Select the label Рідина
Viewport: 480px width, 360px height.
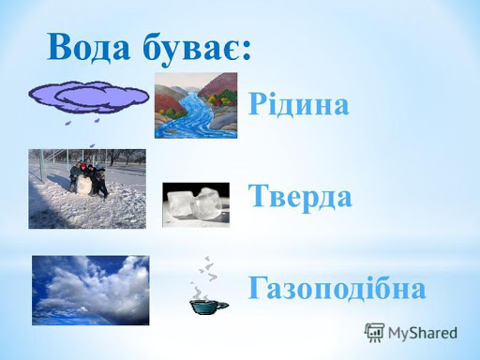(x=299, y=104)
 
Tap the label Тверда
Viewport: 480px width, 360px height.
(x=300, y=198)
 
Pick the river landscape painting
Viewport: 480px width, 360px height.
(x=195, y=105)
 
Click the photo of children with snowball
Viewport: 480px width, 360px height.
(x=87, y=188)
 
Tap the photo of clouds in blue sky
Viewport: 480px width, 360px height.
(x=90, y=290)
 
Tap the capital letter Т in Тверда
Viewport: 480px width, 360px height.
(x=259, y=198)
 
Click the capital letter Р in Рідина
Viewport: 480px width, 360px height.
(x=258, y=104)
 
